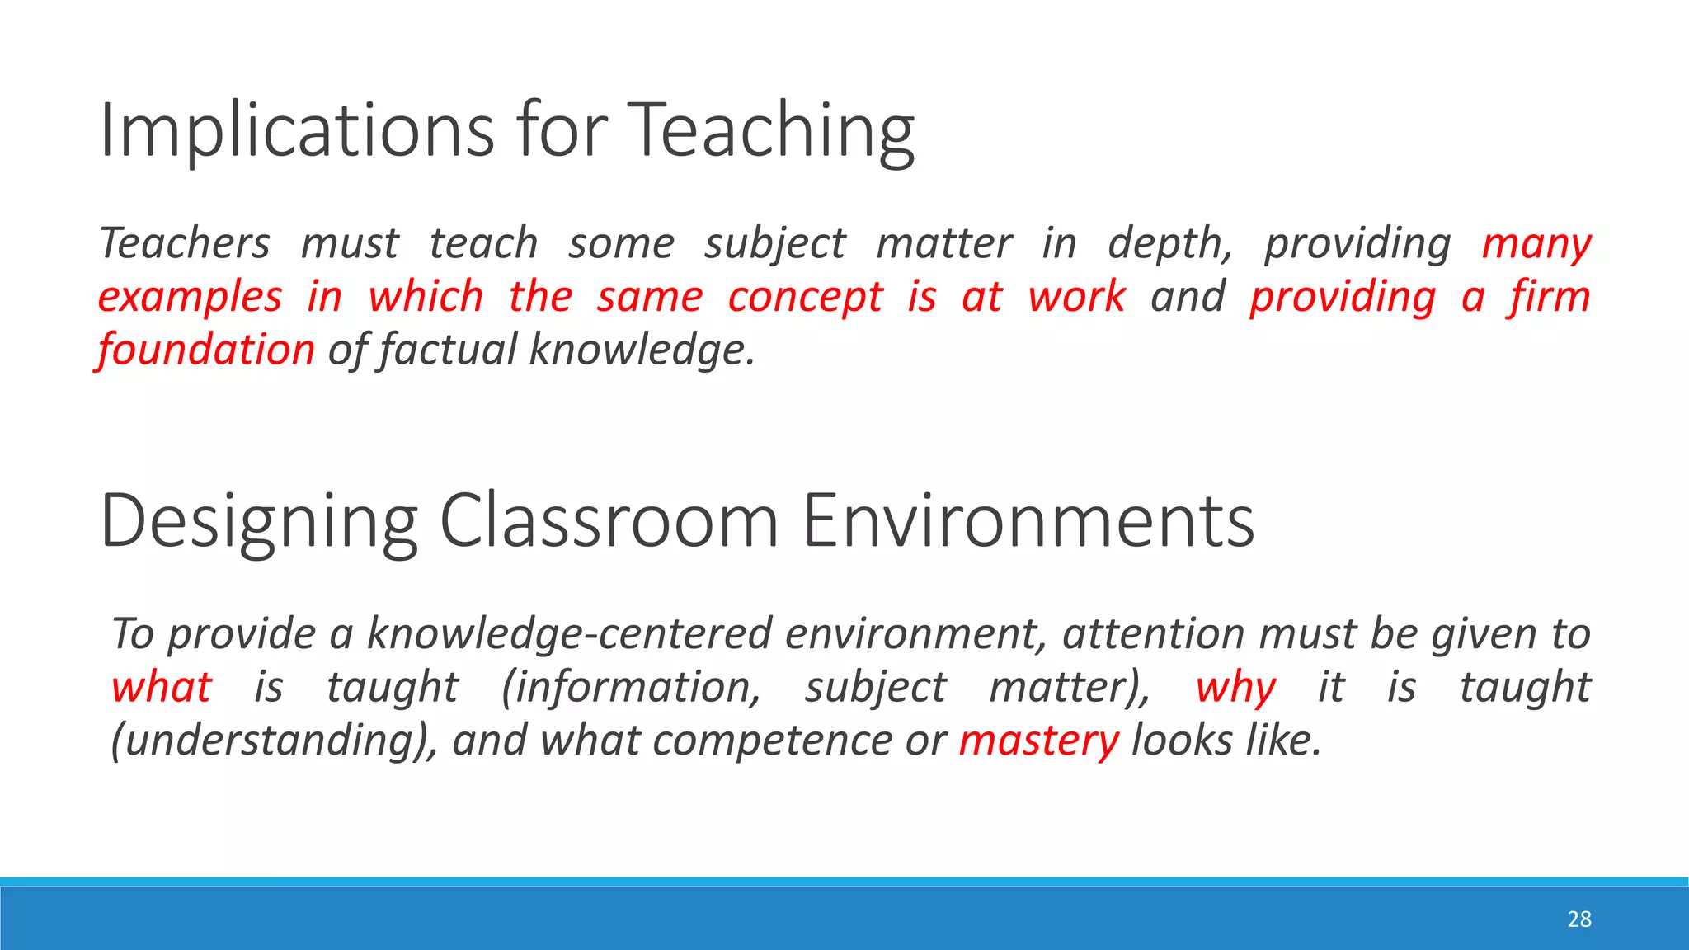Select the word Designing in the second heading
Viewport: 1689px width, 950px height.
(x=259, y=521)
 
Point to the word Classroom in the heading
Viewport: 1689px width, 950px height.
(x=609, y=521)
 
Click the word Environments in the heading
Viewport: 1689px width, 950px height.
(x=1028, y=521)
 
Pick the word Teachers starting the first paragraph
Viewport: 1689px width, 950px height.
(x=185, y=243)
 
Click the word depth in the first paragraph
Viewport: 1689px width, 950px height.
(x=1169, y=243)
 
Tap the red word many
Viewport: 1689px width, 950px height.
(x=1536, y=245)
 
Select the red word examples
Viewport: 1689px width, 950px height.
(x=190, y=297)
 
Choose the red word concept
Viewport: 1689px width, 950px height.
(x=805, y=297)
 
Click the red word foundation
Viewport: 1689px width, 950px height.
(x=206, y=350)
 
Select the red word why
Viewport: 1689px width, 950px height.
(x=1235, y=688)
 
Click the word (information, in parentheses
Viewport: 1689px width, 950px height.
(x=631, y=687)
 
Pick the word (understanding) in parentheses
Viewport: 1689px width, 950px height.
(x=273, y=741)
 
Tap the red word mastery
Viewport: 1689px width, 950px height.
(x=1038, y=741)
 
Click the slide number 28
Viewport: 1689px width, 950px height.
(x=1578, y=919)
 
